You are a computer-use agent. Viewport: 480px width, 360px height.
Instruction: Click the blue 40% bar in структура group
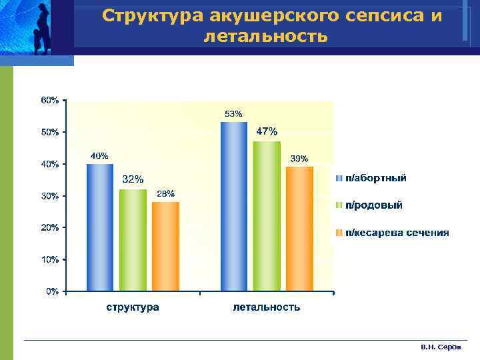99,227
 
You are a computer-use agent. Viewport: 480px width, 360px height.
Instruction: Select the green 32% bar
133,240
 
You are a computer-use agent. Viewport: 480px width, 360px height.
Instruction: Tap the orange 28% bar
165,246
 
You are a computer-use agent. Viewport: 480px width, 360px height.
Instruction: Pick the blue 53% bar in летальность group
234,207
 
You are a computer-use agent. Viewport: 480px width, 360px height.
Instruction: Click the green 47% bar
267,216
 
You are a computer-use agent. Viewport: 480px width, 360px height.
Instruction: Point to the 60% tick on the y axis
50,100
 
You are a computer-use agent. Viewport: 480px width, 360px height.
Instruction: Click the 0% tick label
52,291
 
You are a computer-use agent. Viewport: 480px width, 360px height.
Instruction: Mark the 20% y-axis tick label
50,227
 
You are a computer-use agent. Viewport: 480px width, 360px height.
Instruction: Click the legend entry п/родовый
373,205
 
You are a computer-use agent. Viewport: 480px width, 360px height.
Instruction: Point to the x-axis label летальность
267,307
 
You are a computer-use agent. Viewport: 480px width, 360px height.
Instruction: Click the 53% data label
233,114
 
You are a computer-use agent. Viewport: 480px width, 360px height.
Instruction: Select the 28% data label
165,193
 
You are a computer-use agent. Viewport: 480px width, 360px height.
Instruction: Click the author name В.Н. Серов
445,348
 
